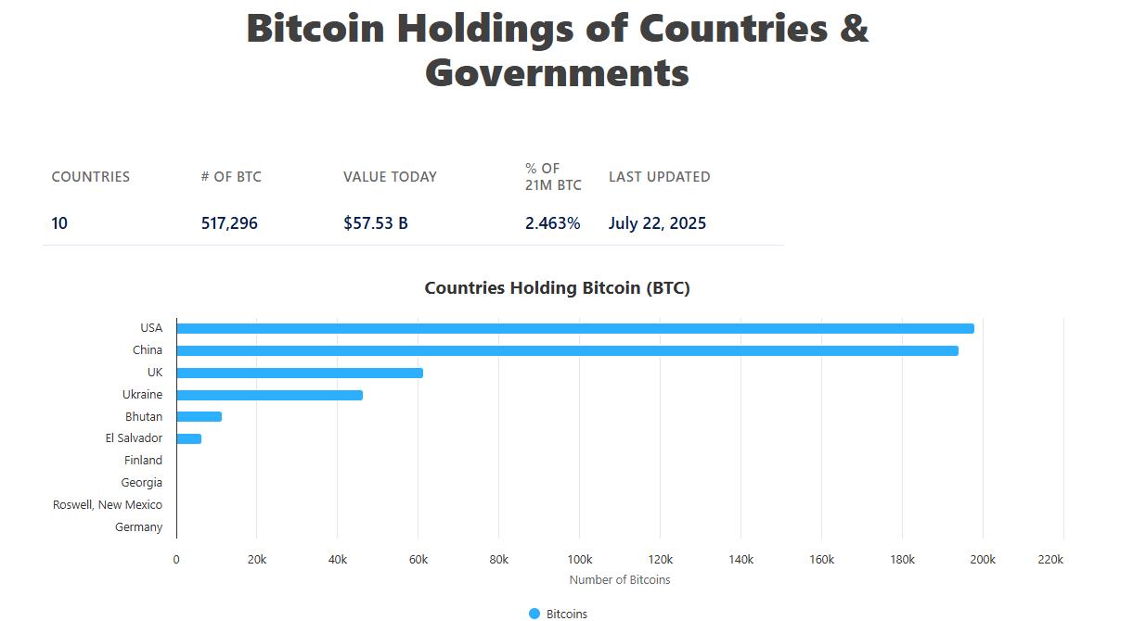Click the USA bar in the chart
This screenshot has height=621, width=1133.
575,328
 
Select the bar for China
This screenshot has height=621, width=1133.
567,350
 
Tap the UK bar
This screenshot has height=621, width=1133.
300,373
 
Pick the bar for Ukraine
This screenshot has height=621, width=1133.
269,395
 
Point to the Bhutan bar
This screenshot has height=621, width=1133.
199,417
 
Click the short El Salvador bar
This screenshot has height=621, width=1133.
188,438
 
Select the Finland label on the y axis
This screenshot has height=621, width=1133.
143,461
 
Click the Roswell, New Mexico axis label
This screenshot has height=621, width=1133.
108,505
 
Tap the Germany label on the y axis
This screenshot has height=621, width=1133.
138,527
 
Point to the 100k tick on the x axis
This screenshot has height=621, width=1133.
579,560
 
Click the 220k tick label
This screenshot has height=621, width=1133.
1050,560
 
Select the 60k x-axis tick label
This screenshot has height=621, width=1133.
418,560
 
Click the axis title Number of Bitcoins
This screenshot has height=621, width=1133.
619,580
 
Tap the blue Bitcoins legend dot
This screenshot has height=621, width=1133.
534,614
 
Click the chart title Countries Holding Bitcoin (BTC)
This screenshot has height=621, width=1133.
557,288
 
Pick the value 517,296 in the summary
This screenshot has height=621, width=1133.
229,223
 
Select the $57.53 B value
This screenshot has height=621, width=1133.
375,223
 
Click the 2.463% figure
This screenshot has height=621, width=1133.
552,223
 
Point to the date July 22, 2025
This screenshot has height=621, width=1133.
657,223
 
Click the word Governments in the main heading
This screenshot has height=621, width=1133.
557,73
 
